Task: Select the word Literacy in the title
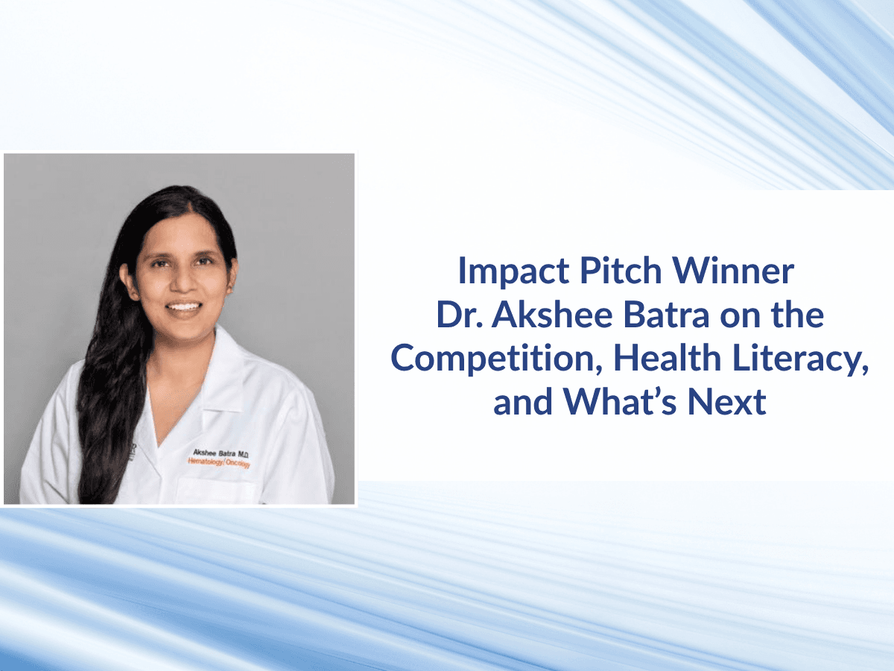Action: point(799,359)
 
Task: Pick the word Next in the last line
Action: point(726,403)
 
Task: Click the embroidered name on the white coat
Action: point(221,453)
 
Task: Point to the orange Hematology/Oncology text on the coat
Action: point(219,463)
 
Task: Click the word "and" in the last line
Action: point(522,403)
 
